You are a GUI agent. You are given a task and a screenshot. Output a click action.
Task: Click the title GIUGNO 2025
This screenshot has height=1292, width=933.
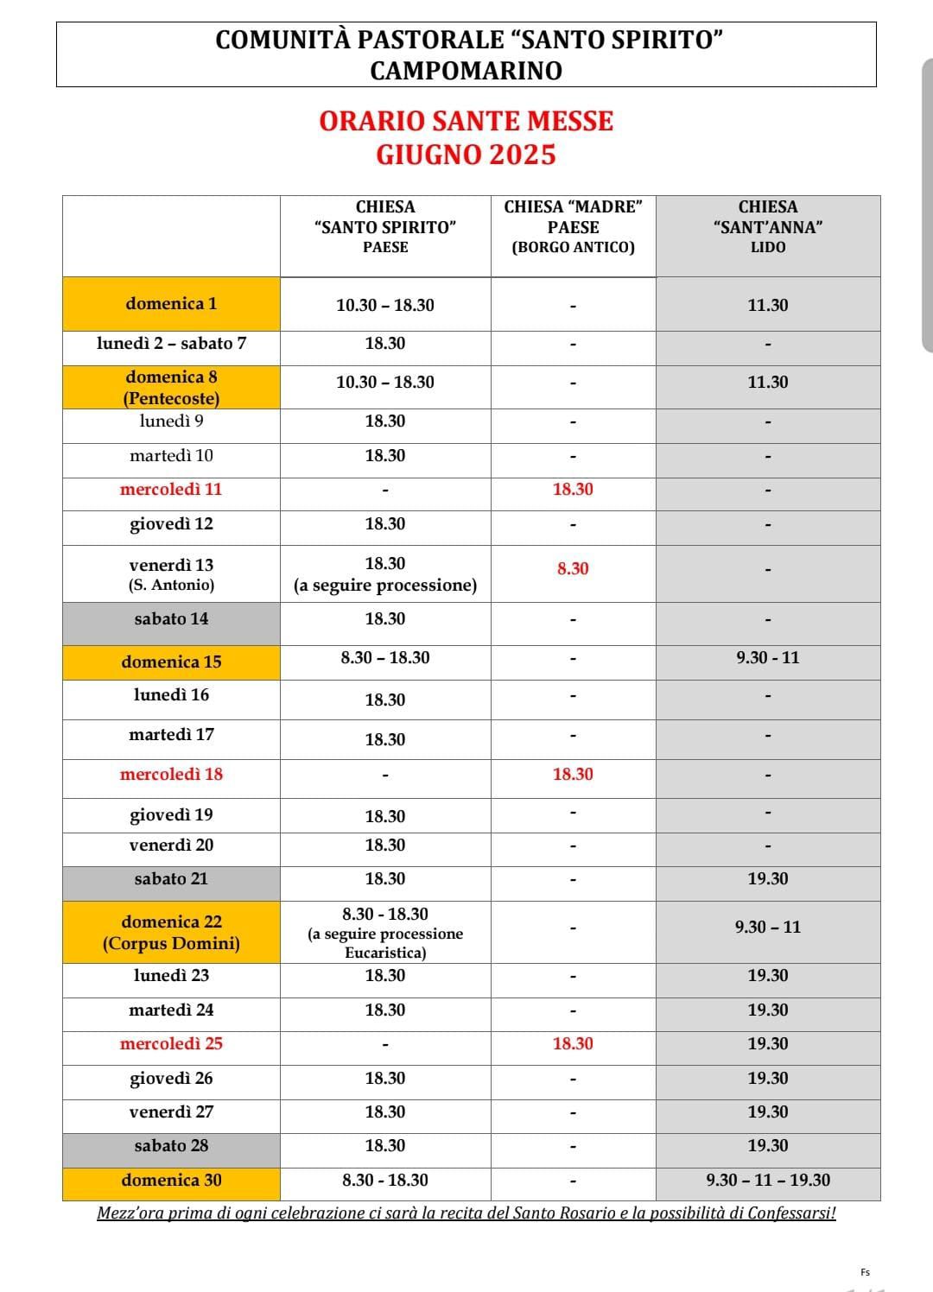(x=466, y=155)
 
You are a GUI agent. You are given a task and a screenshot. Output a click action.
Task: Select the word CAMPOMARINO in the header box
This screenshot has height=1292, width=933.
(x=466, y=71)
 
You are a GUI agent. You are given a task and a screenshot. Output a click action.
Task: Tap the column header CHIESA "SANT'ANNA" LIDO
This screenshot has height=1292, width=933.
(x=767, y=226)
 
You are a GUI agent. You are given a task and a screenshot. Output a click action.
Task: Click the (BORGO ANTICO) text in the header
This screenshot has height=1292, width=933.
(x=573, y=248)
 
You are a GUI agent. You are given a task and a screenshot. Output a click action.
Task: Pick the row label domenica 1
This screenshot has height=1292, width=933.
(x=171, y=304)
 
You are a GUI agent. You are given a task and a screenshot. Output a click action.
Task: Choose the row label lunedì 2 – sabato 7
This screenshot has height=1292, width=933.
(x=171, y=344)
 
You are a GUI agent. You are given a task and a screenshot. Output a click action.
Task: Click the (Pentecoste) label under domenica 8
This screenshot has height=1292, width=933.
(x=171, y=398)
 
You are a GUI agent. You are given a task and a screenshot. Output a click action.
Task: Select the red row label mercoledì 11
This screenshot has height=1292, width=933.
(x=171, y=490)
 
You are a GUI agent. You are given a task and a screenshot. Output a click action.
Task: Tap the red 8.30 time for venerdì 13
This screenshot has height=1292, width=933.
(x=573, y=569)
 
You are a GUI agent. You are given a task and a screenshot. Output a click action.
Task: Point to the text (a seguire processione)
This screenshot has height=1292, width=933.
(x=385, y=586)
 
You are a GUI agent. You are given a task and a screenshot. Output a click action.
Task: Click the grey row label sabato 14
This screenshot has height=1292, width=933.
(x=171, y=619)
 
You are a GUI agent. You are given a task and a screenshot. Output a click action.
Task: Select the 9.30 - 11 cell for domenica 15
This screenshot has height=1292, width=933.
(x=767, y=658)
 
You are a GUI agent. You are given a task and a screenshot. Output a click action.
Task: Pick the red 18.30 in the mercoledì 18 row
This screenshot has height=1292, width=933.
(x=573, y=775)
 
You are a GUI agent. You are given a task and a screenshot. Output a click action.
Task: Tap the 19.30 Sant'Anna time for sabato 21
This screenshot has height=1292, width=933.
(x=767, y=879)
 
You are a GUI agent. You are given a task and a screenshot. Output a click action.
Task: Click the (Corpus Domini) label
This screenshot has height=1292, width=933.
(x=171, y=944)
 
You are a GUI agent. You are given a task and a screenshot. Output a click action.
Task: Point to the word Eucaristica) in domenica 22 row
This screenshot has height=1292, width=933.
(x=385, y=953)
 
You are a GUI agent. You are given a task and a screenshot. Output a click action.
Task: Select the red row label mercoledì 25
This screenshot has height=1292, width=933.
(x=171, y=1044)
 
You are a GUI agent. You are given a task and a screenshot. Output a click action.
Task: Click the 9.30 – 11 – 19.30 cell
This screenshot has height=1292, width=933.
(x=767, y=1181)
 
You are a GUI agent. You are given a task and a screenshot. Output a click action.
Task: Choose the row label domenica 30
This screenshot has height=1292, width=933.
(x=171, y=1181)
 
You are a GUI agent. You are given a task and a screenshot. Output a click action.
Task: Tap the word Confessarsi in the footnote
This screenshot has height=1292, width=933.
(x=790, y=1213)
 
